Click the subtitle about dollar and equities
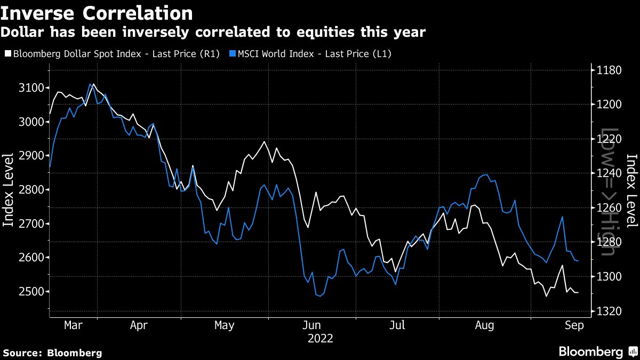(x=213, y=33)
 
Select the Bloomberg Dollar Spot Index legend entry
(x=112, y=54)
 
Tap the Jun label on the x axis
(x=311, y=325)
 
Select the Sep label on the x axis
(x=573, y=325)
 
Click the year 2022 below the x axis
(x=321, y=338)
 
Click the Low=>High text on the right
(x=609, y=190)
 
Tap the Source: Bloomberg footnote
(x=52, y=353)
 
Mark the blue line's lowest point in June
(x=319, y=296)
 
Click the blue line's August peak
(x=486, y=174)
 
